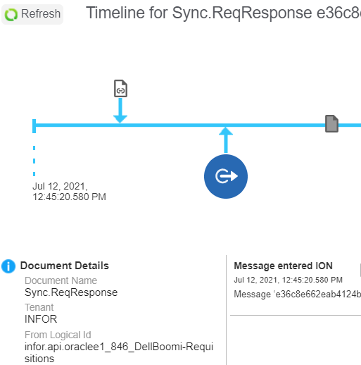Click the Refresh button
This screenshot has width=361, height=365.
pos(32,14)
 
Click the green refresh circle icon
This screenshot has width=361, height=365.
pos(11,15)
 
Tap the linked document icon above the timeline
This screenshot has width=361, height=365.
pos(120,88)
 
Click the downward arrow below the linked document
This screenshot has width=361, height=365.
pos(120,111)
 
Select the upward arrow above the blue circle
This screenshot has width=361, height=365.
pos(226,140)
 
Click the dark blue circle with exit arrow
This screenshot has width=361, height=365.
pos(226,176)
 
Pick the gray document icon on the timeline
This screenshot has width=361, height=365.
pos(331,123)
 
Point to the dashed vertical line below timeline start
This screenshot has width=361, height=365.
pos(34,161)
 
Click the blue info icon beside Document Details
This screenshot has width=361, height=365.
pos(8,266)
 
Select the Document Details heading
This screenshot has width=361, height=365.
pos(65,266)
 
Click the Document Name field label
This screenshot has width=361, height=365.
pos(61,280)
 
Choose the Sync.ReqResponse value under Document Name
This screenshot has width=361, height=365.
pos(71,292)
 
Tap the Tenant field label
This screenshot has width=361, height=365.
pos(39,307)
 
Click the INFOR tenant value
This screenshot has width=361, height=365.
pos(41,319)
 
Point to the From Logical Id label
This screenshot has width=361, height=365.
pos(58,335)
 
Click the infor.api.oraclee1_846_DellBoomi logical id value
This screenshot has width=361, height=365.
pos(119,352)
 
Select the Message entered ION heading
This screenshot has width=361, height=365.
pos(283,266)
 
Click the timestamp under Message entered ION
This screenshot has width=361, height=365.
pos(288,280)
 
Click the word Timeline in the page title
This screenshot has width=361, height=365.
pos(115,13)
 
